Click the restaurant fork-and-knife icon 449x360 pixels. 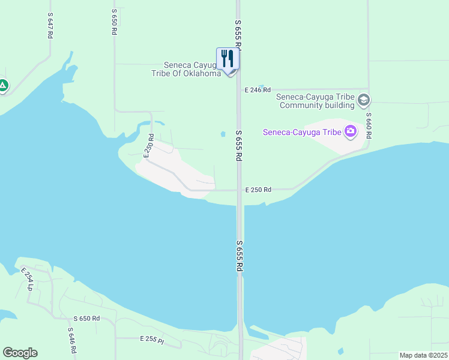(228, 59)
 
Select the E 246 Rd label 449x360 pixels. (258, 89)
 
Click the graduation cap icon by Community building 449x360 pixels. (363, 100)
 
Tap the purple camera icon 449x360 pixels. (350, 131)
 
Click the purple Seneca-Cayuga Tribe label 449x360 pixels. (302, 132)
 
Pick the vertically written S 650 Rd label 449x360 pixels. (114, 22)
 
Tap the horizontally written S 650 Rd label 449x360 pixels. (86, 319)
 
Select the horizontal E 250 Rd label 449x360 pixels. (258, 190)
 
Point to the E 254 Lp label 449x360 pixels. (27, 279)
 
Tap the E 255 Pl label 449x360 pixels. (152, 339)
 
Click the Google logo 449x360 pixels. (20, 353)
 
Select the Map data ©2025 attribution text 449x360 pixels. (423, 355)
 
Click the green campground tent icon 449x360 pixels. (3, 85)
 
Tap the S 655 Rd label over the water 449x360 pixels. (239, 256)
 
